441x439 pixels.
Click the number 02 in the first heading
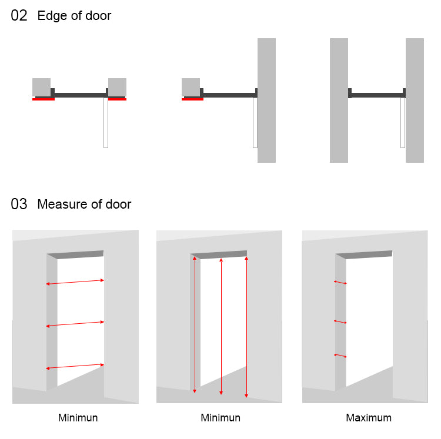click(19, 16)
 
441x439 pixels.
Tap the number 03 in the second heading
click(19, 205)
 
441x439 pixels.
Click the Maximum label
click(369, 418)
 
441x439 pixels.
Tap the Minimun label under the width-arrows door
click(78, 418)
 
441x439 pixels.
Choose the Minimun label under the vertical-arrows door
click(220, 418)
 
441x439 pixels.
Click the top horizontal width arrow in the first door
click(75, 282)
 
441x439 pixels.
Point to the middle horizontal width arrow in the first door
click(75, 324)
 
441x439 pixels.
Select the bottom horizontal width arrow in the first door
click(75, 367)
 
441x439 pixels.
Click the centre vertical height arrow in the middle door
click(221, 326)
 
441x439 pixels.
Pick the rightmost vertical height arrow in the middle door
click(246, 326)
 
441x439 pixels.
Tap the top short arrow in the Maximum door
click(340, 283)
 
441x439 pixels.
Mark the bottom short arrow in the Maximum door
click(340, 356)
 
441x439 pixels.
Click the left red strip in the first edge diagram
click(44, 99)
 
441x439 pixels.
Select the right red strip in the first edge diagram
click(117, 99)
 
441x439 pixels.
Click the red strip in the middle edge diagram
click(193, 99)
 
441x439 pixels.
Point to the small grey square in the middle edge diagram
click(191, 87)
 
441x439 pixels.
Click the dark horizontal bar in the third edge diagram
click(377, 95)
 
